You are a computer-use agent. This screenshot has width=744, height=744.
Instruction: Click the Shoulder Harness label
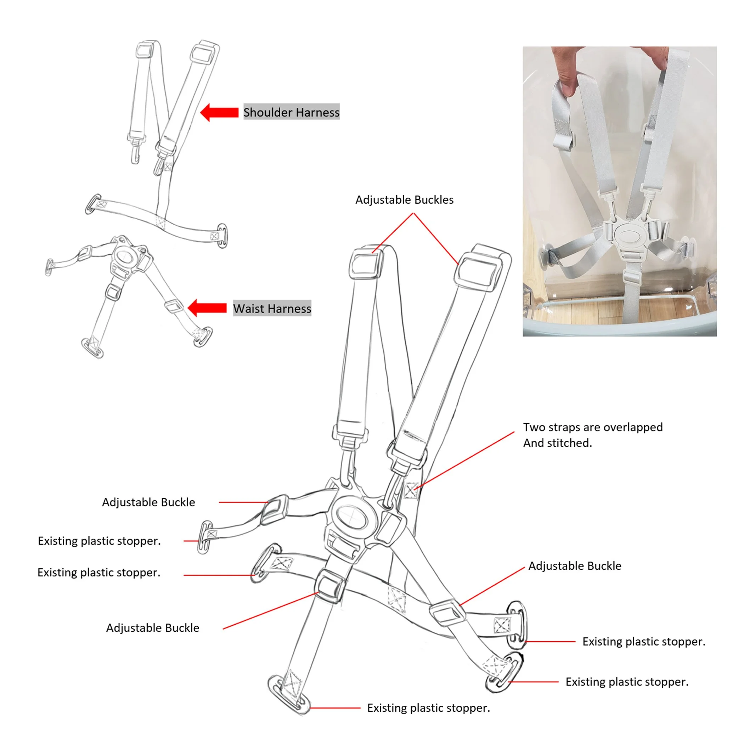(x=291, y=112)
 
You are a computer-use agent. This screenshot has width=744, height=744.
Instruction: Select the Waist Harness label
(x=272, y=309)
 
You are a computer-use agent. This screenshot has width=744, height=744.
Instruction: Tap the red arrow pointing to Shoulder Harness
(x=220, y=112)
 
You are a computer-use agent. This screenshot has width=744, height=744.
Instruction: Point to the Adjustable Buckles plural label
(x=404, y=200)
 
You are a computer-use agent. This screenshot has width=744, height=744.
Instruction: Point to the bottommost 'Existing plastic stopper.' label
(x=428, y=708)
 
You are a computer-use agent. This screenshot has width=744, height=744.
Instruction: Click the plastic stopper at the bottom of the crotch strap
(x=289, y=695)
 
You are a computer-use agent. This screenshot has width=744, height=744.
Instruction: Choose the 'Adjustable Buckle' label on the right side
(x=575, y=566)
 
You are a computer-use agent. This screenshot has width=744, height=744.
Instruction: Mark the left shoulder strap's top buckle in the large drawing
(x=366, y=263)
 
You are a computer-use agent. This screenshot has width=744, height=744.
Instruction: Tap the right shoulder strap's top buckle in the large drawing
(x=478, y=269)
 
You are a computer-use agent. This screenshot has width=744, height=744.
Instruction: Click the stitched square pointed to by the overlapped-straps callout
(x=411, y=490)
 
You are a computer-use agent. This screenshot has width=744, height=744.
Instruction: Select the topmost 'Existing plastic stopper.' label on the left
(x=99, y=541)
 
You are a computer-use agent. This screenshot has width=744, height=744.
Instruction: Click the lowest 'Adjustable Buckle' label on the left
(x=152, y=628)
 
